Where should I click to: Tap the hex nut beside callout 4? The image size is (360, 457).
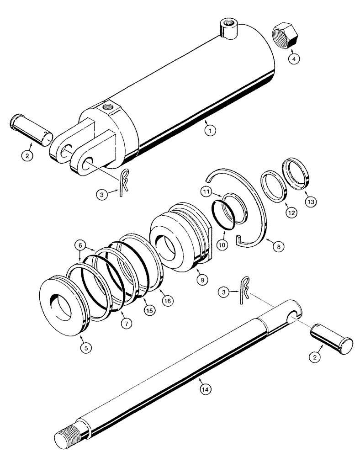pos(285,36)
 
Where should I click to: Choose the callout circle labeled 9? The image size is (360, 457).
pos(201,278)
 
